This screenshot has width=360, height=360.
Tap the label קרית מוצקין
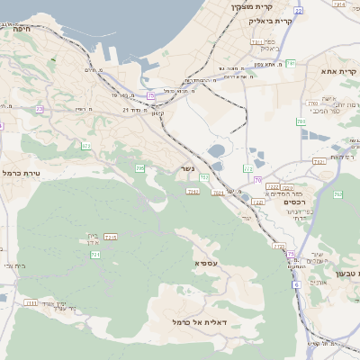click(x=251, y=6)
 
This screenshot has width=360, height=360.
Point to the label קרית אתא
click(x=340, y=69)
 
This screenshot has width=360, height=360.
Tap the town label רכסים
click(x=295, y=202)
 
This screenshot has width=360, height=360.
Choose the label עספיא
click(x=206, y=263)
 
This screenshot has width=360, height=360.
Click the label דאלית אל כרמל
click(x=200, y=321)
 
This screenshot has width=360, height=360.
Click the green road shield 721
click(x=95, y=255)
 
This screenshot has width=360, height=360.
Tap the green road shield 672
click(x=86, y=145)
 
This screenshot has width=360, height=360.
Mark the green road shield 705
click(x=139, y=168)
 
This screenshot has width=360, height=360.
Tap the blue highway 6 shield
click(x=295, y=284)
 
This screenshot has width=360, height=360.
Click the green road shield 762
click(x=338, y=194)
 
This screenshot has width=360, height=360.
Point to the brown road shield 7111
click(x=31, y=302)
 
